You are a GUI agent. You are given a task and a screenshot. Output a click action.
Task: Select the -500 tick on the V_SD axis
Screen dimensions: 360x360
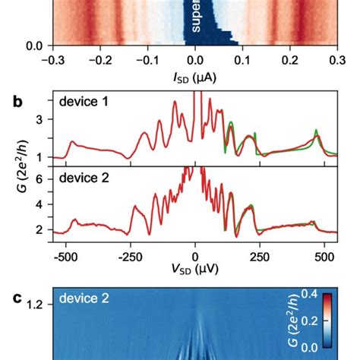tap(67, 255)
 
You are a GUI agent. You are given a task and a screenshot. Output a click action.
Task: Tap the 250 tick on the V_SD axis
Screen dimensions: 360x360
tap(259, 255)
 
